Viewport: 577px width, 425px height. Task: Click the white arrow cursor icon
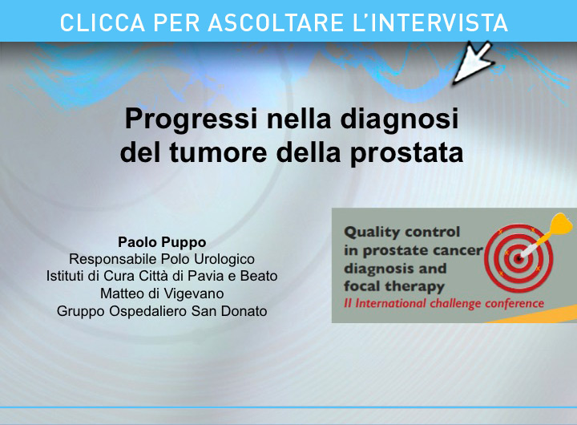pos(472,62)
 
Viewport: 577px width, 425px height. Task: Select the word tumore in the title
pos(218,153)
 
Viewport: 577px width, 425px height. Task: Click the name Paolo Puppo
pos(162,242)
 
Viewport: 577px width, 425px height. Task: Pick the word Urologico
pos(224,260)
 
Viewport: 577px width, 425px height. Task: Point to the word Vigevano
pos(194,293)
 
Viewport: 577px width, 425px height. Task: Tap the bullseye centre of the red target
pos(518,259)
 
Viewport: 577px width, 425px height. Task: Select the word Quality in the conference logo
pos(372,233)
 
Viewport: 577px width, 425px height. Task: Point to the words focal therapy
pos(394,286)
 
